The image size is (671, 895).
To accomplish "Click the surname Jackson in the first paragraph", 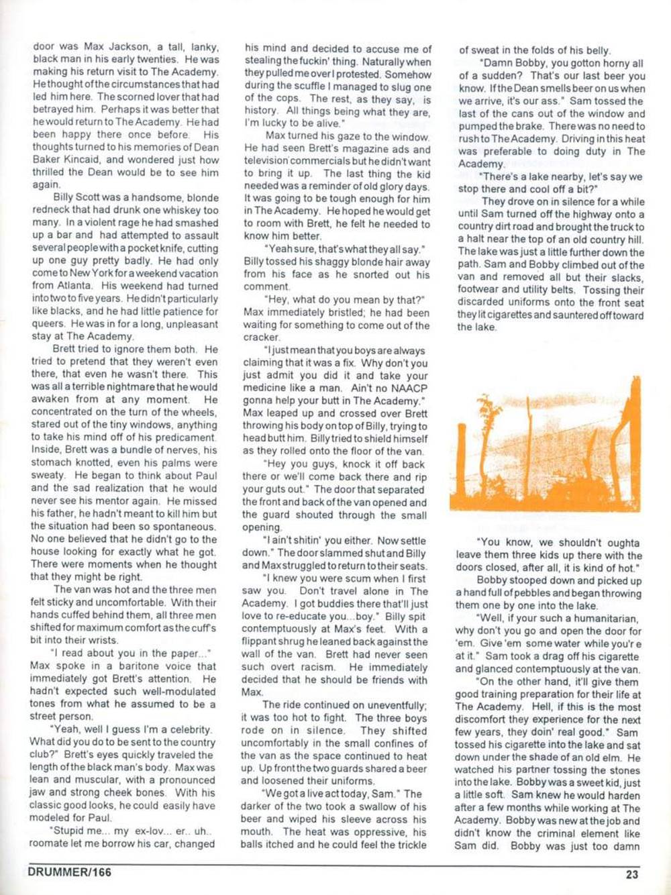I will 132,47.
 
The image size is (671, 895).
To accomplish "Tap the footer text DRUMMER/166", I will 70,873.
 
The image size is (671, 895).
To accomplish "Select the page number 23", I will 631,874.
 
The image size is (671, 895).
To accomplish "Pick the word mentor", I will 142,501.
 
